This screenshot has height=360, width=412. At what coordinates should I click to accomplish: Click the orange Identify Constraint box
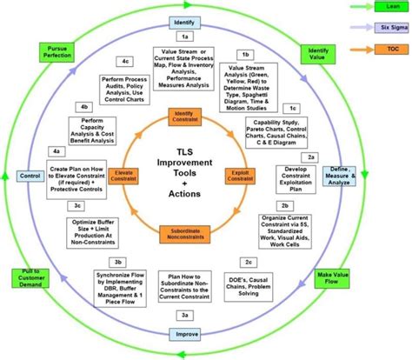pos(183,117)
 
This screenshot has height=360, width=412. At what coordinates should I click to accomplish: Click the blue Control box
pos(29,177)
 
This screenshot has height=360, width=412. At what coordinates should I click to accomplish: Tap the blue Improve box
pos(183,333)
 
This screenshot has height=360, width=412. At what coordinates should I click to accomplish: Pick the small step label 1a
pos(184,37)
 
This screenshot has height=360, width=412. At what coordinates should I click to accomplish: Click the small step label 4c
pos(126,61)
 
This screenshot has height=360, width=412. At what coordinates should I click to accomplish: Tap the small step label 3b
pos(117,261)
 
